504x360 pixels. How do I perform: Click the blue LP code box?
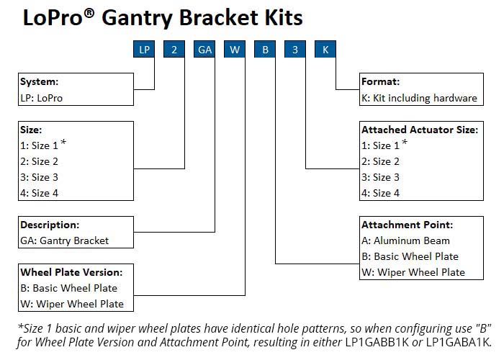[145, 50]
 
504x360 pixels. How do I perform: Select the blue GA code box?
[204, 50]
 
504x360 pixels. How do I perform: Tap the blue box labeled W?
[235, 50]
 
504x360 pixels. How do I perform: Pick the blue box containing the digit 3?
[295, 50]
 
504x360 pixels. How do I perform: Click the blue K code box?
[325, 50]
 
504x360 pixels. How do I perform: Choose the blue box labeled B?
[265, 50]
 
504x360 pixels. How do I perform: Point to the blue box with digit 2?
[174, 50]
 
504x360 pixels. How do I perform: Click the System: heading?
[40, 81]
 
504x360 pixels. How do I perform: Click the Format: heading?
[381, 81]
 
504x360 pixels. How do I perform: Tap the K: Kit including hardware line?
[419, 97]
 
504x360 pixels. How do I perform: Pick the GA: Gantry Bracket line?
[65, 240]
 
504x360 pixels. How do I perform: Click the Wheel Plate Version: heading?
[71, 272]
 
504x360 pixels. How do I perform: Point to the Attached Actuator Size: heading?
[419, 130]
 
